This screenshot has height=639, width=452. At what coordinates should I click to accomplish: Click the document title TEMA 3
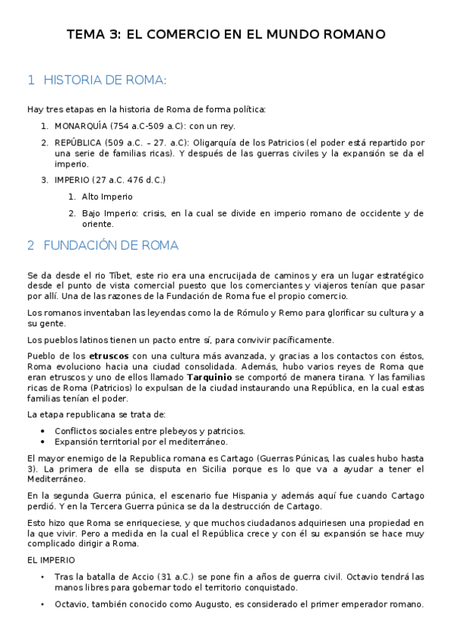226,35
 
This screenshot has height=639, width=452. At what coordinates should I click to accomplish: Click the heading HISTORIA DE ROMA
105,80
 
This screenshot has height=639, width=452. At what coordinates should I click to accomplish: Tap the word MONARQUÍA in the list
81,125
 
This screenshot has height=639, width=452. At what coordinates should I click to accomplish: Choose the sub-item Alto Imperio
107,196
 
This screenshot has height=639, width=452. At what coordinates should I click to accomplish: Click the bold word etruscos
109,355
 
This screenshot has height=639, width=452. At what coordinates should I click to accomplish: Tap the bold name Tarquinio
209,377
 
